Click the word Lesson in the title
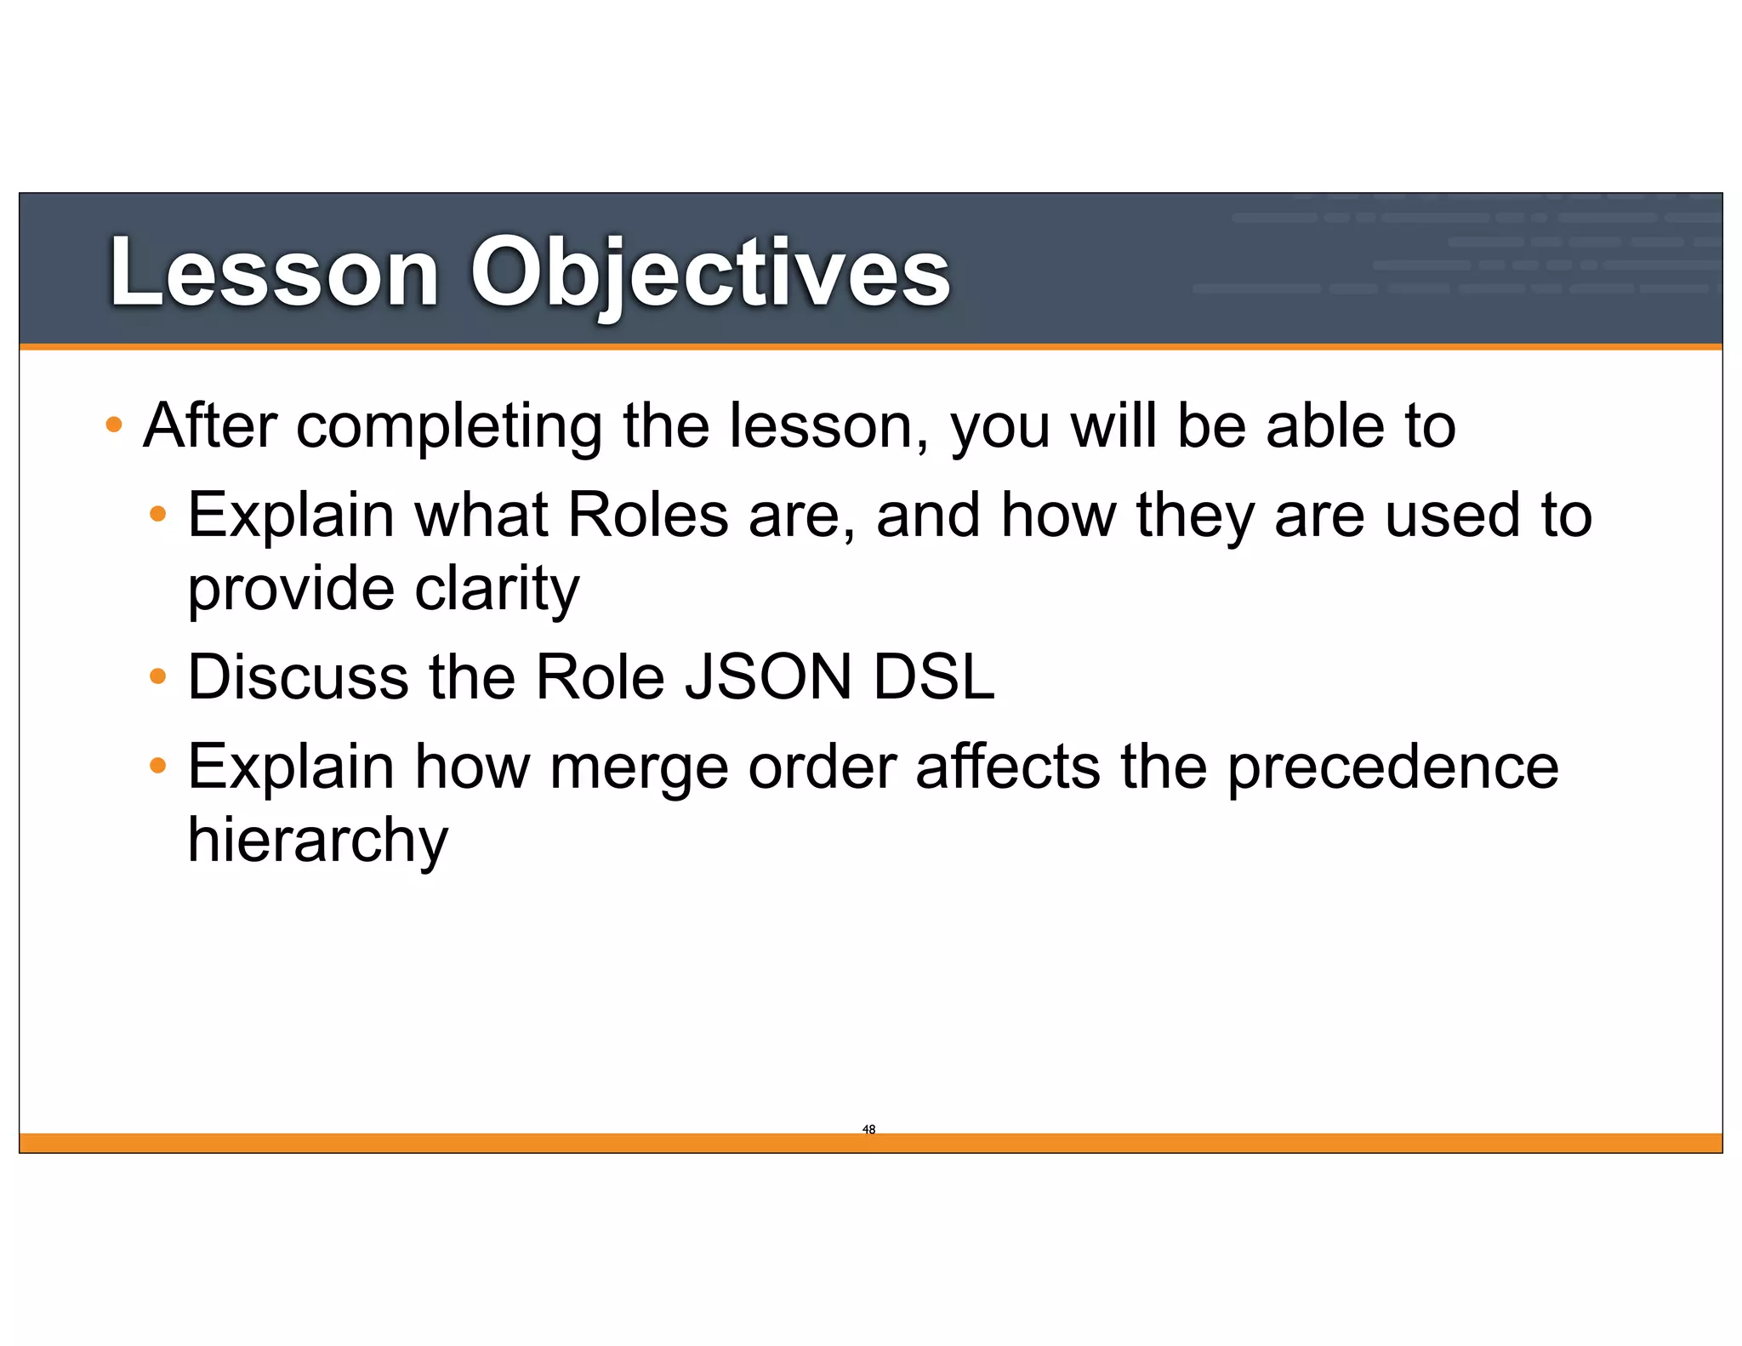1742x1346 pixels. pyautogui.click(x=274, y=272)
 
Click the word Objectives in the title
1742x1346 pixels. pyautogui.click(x=710, y=272)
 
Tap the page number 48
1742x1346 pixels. pyautogui.click(x=868, y=1129)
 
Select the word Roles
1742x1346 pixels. pyautogui.click(x=648, y=515)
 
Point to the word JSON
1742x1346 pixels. pyautogui.click(x=768, y=677)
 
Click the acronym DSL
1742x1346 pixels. pyautogui.click(x=934, y=677)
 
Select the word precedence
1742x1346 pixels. pyautogui.click(x=1392, y=767)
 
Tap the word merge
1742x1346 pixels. pyautogui.click(x=639, y=767)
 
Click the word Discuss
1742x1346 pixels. pyautogui.click(x=298, y=677)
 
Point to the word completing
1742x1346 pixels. pyautogui.click(x=449, y=426)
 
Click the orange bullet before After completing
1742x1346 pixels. pyautogui.click(x=114, y=424)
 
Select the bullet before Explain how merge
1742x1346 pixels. pyautogui.click(x=157, y=766)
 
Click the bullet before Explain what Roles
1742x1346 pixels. pyautogui.click(x=157, y=514)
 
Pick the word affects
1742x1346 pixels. pyautogui.click(x=1008, y=767)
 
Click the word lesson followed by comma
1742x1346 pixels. pyautogui.click(x=827, y=426)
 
